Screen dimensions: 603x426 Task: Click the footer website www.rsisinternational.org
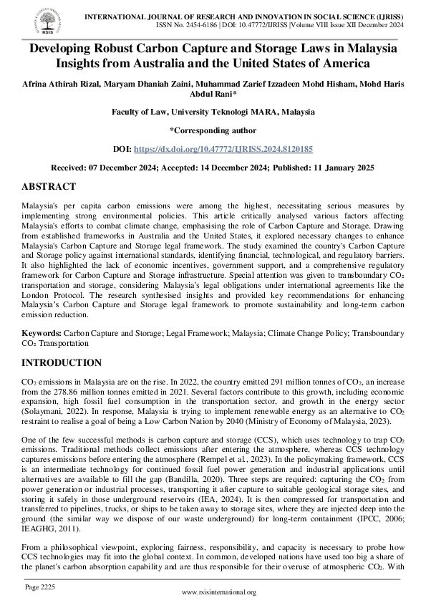pyautogui.click(x=219, y=592)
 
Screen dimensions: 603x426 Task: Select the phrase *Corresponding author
pyautogui.click(x=213, y=130)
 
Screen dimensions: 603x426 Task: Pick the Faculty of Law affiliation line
pyautogui.click(x=213, y=111)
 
